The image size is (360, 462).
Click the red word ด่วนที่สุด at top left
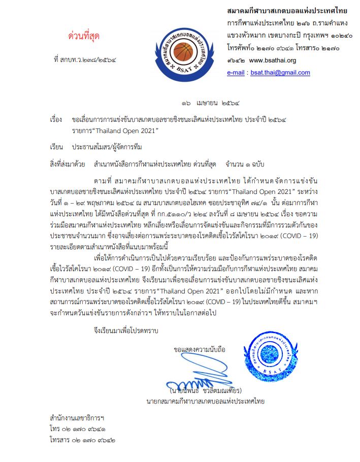(x=84, y=37)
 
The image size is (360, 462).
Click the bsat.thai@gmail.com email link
(x=279, y=73)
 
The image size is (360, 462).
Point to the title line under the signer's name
(x=203, y=402)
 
